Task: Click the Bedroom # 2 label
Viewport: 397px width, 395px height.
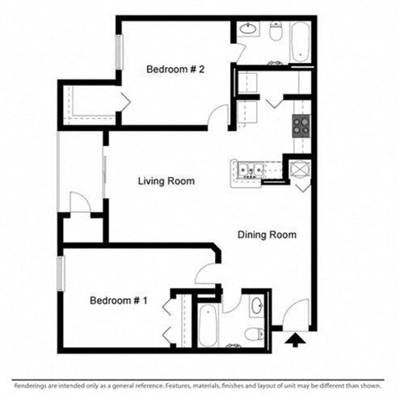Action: point(175,70)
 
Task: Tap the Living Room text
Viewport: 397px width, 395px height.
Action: point(165,181)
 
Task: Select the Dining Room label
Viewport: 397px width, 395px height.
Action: point(266,235)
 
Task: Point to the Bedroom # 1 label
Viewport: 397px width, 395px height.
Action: point(118,300)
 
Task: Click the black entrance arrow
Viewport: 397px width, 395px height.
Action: point(293,339)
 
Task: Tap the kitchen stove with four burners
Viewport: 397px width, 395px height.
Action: point(300,127)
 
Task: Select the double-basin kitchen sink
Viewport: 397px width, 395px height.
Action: point(249,171)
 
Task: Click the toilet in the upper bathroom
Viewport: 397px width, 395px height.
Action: point(275,32)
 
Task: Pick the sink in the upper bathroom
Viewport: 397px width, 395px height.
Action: point(247,31)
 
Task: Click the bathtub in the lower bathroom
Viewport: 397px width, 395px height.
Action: point(207,325)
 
